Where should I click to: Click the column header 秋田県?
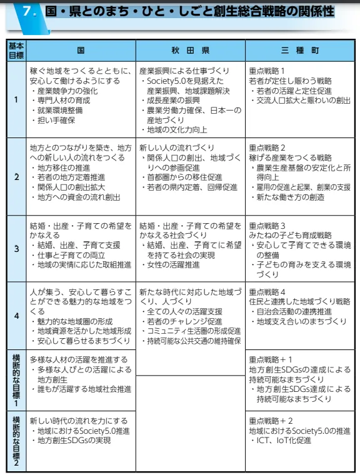click(190, 49)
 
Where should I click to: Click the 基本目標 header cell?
click(16, 49)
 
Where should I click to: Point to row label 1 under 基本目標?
click(16, 99)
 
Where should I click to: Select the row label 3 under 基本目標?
click(16, 249)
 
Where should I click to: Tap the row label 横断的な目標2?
click(16, 441)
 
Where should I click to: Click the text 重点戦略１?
click(267, 71)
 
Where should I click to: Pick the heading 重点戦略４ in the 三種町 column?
click(267, 292)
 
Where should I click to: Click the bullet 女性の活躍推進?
click(172, 264)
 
